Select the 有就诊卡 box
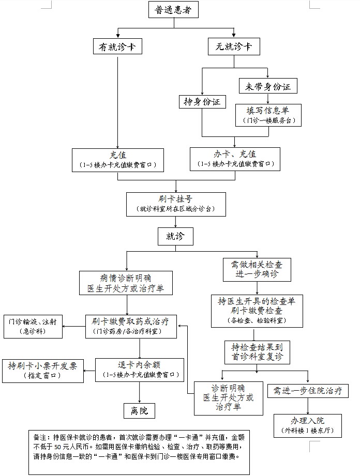pyautogui.click(x=117, y=47)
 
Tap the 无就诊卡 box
pyautogui.click(x=234, y=47)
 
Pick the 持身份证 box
pyautogui.click(x=202, y=102)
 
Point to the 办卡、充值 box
pyautogui.click(x=234, y=159)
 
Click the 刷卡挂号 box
pyautogui.click(x=176, y=204)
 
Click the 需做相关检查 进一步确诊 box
pyautogui.click(x=253, y=269)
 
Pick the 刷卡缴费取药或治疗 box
pyautogui.click(x=130, y=327)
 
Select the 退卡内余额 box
pyautogui.click(x=139, y=370)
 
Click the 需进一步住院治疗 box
pyautogui.click(x=307, y=391)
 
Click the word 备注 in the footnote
pyautogui.click(x=40, y=436)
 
